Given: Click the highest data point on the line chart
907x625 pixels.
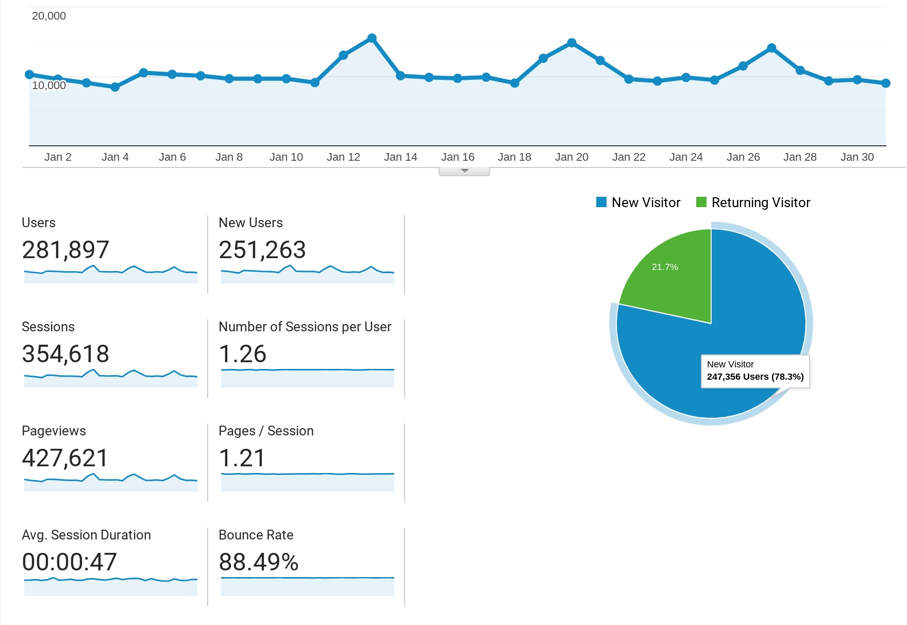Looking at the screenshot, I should (372, 38).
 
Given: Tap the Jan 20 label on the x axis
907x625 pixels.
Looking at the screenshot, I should (572, 157).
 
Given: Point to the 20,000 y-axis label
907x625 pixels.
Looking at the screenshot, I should (49, 16).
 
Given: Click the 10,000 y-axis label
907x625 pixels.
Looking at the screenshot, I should (49, 86).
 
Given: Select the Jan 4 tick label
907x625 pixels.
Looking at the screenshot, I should (115, 157).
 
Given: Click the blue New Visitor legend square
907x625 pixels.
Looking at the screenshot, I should (601, 202).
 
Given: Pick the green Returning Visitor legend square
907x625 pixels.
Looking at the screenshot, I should (701, 202).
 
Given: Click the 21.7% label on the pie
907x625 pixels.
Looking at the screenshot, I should (665, 267).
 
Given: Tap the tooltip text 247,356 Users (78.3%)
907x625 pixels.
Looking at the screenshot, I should (755, 377).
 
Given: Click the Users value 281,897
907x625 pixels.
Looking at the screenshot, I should (65, 250).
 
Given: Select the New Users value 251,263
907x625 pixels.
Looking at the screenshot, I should (262, 250).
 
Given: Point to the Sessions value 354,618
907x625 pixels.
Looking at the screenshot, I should (65, 354).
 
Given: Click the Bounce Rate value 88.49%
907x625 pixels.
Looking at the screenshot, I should (259, 562).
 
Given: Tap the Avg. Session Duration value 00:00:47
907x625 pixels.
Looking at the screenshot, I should (70, 562).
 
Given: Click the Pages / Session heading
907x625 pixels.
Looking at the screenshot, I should (266, 431).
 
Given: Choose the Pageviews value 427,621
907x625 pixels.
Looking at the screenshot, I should (65, 459).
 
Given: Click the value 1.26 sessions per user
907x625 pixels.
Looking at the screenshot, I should (242, 354).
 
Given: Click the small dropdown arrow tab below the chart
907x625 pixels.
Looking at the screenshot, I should (464, 171).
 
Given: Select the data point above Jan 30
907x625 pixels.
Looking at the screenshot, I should (857, 80).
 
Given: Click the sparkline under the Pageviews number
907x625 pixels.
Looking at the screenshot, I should (111, 482).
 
